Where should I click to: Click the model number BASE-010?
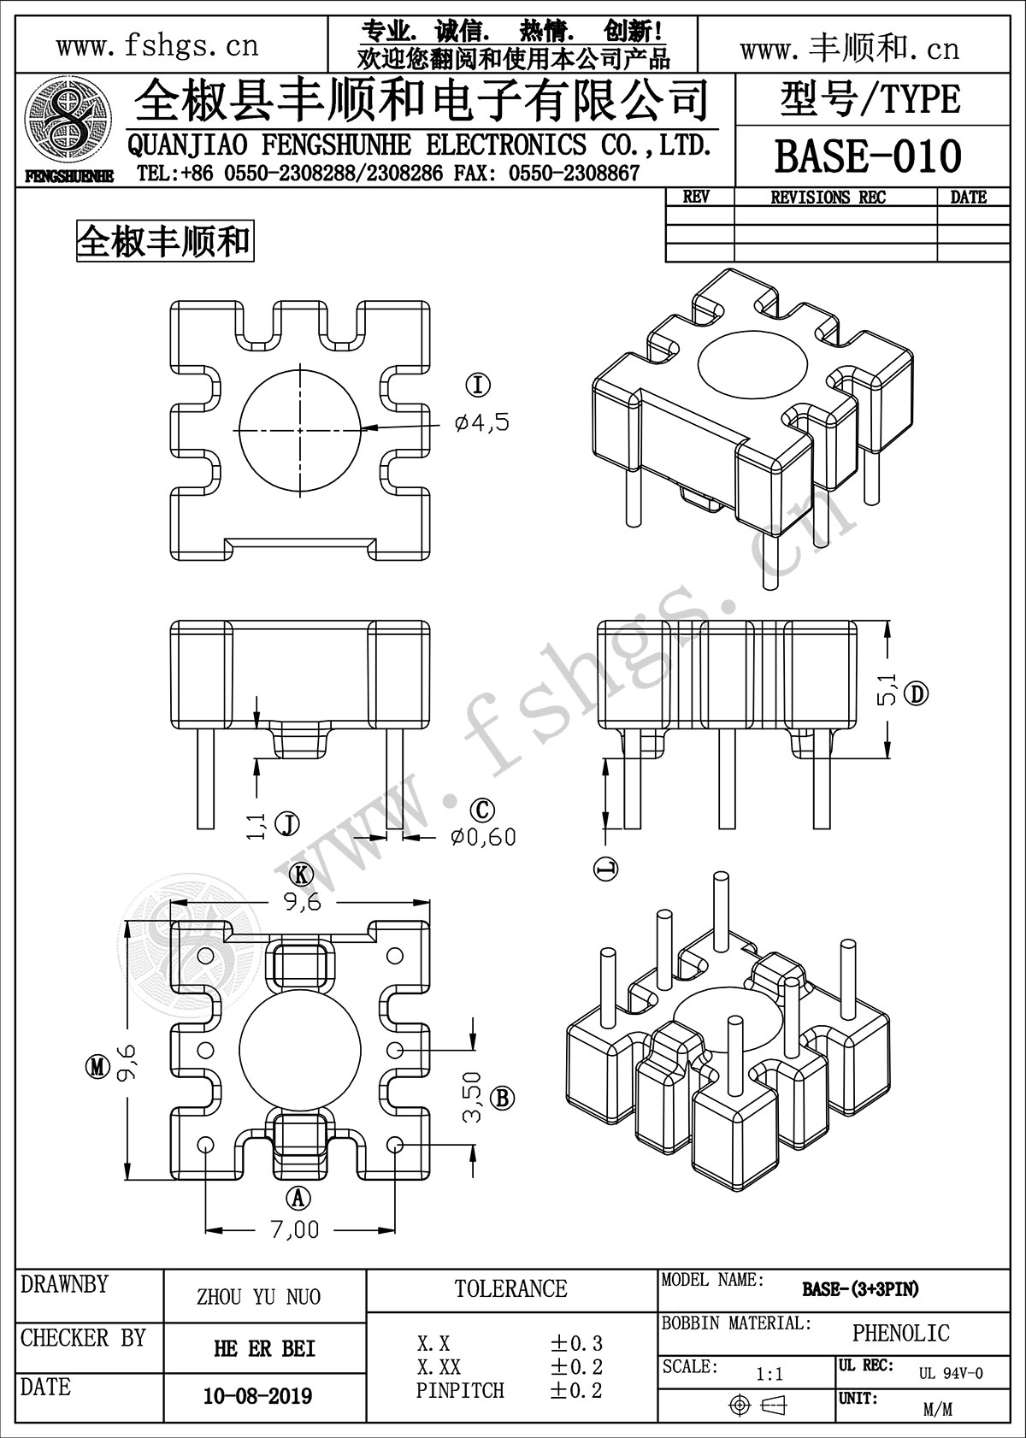(x=867, y=157)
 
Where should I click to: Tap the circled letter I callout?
(x=479, y=386)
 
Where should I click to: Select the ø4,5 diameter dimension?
(x=482, y=421)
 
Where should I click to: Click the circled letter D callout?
(x=917, y=693)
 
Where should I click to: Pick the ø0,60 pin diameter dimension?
(x=483, y=836)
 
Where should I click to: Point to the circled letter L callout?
(x=606, y=869)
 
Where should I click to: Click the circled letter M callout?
(x=98, y=1066)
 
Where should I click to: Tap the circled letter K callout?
(x=300, y=874)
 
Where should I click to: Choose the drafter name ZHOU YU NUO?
(x=258, y=1297)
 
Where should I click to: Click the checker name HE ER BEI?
(x=264, y=1348)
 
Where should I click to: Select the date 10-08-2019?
(x=257, y=1396)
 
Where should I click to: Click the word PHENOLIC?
(x=900, y=1333)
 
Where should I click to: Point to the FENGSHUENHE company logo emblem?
(x=68, y=128)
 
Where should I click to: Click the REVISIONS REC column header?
(x=828, y=197)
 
